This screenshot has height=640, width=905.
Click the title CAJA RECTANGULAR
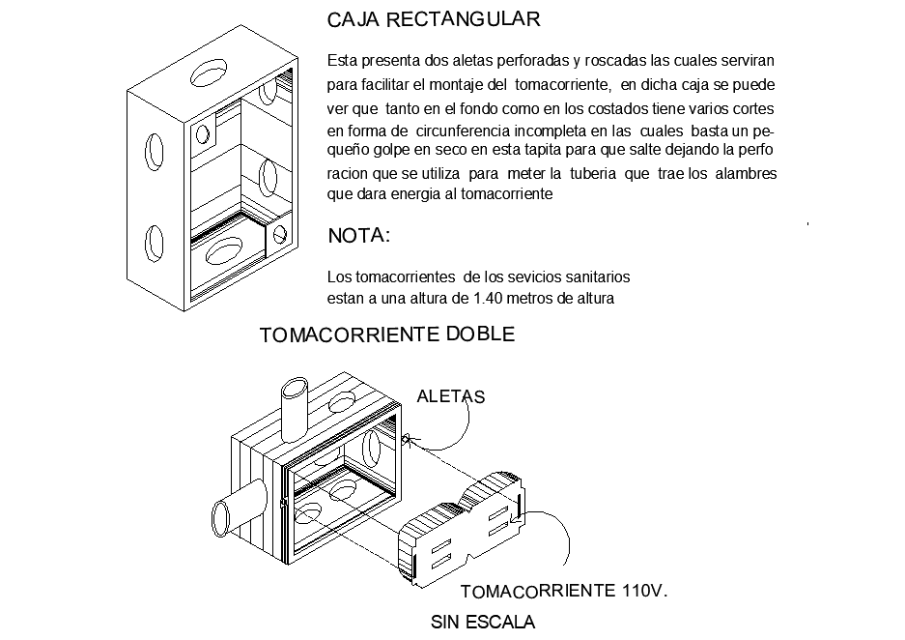[x=434, y=19]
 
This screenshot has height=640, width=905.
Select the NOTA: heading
[x=359, y=236]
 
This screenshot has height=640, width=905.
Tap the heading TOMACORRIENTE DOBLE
[x=387, y=335]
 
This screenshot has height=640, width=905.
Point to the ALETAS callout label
[x=450, y=395]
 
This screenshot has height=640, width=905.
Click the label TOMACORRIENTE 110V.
[x=564, y=591]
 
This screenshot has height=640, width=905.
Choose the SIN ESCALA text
[x=482, y=622]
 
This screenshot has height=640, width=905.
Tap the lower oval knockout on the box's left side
[x=155, y=243]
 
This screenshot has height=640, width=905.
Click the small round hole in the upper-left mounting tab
[x=203, y=131]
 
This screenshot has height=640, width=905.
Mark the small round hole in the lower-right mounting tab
[x=280, y=234]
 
